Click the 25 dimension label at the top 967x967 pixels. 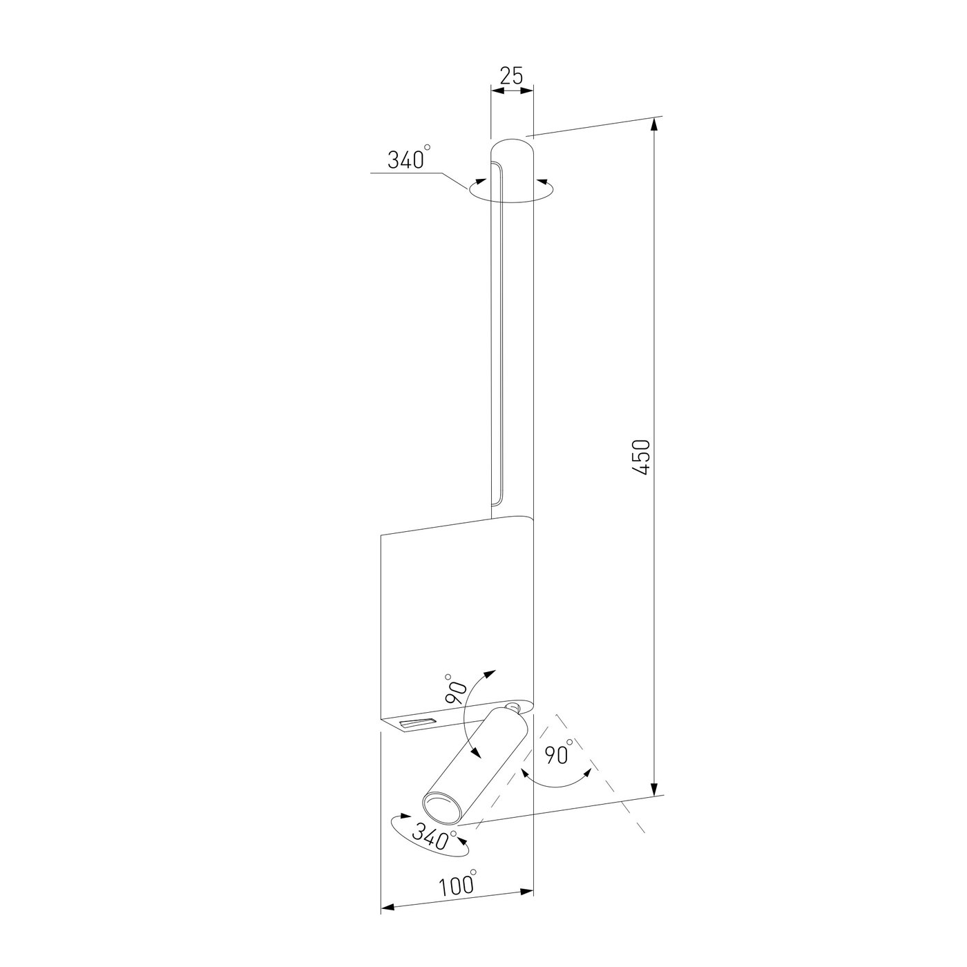pos(511,76)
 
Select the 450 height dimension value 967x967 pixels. pos(641,457)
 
